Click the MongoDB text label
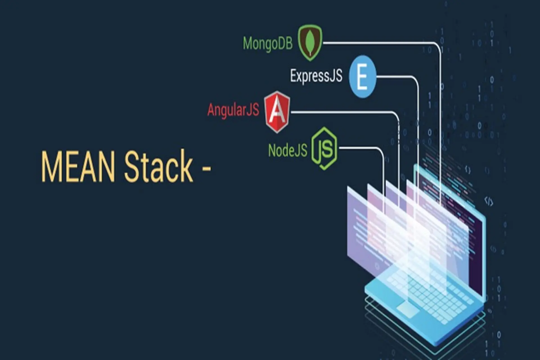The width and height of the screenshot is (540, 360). [x=267, y=44]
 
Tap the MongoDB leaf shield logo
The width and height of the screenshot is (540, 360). [x=310, y=43]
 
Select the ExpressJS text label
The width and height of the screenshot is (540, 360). [x=316, y=76]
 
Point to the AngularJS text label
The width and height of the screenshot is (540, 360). [x=233, y=110]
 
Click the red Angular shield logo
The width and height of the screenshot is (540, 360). [x=277, y=112]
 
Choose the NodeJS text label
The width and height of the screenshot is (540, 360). [x=287, y=150]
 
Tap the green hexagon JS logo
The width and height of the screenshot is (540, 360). [x=324, y=148]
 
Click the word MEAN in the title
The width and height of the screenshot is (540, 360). [x=78, y=166]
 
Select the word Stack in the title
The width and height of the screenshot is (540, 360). [x=159, y=166]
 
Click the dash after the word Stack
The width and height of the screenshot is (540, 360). [x=206, y=168]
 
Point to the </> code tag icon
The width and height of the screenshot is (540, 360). [x=489, y=201]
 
